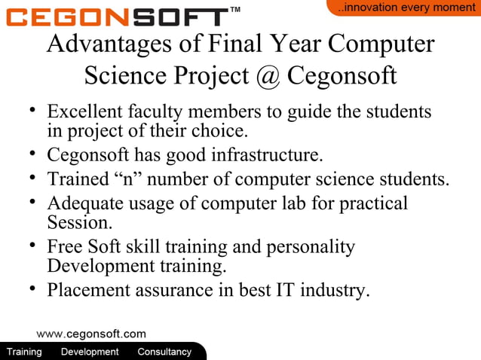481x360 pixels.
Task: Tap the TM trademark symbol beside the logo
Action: coord(234,10)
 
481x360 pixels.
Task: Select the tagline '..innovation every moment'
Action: coord(406,8)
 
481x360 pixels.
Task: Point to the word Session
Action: coord(78,223)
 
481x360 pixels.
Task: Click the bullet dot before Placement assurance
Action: coord(32,288)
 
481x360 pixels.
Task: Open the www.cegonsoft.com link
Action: coord(91,334)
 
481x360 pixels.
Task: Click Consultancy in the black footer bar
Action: coord(164,352)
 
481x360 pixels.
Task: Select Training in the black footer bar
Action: coord(24,352)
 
